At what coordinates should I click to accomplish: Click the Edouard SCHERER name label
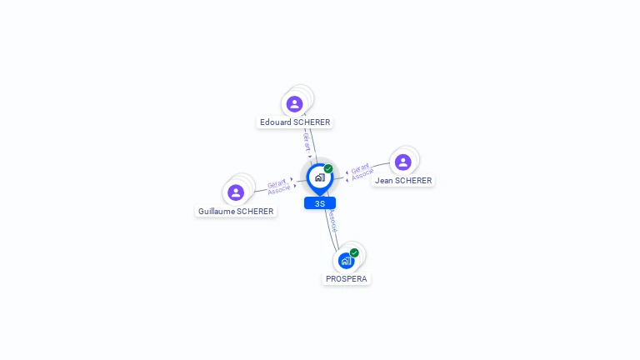tap(295, 122)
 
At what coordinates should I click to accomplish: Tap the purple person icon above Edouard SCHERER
tap(294, 104)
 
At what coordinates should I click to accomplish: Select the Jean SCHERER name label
tap(403, 181)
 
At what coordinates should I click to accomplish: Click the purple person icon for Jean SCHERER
tap(403, 162)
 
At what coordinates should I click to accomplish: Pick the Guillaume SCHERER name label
tap(236, 212)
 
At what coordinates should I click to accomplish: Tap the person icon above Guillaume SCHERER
tap(236, 192)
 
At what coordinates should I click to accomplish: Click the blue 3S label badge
tap(320, 203)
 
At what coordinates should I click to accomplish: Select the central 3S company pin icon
tap(319, 177)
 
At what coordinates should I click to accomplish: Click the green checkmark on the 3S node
tap(328, 168)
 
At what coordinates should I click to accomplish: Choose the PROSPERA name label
tap(347, 279)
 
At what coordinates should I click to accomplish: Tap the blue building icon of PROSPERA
tap(346, 261)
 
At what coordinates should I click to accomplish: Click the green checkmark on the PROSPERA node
tap(354, 252)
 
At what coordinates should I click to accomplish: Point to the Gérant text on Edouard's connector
tap(307, 140)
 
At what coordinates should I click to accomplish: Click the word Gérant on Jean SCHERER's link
tap(360, 168)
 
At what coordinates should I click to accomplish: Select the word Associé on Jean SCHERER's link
tap(362, 176)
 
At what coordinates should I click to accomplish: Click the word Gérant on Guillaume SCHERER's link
tap(277, 183)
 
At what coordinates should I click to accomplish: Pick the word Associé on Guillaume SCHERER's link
tap(279, 191)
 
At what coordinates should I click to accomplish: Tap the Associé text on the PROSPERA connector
tap(332, 221)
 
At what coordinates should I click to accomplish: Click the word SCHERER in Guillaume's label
tap(255, 212)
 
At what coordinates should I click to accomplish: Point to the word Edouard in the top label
tap(275, 122)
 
